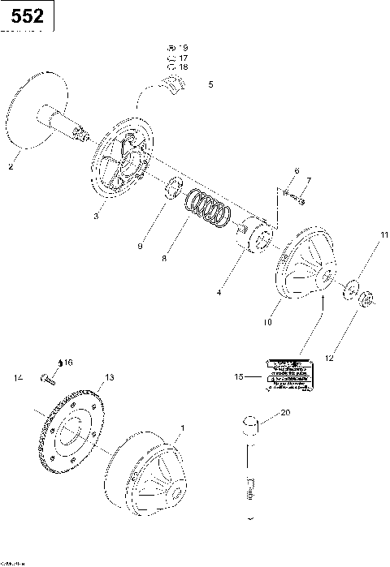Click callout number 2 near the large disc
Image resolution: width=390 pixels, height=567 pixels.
pos(10,167)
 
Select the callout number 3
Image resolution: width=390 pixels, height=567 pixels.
pos(95,216)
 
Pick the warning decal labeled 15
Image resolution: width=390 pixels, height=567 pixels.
pos(286,377)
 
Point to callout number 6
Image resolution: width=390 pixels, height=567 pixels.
pos(297,170)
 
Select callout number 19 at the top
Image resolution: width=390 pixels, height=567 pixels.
pos(183,49)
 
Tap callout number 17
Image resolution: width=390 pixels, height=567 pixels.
pos(183,58)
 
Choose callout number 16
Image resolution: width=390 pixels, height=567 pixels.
pos(67,362)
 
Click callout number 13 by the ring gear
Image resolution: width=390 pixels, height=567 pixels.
pos(110,378)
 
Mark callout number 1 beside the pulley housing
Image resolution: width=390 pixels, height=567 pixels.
pos(182,427)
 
